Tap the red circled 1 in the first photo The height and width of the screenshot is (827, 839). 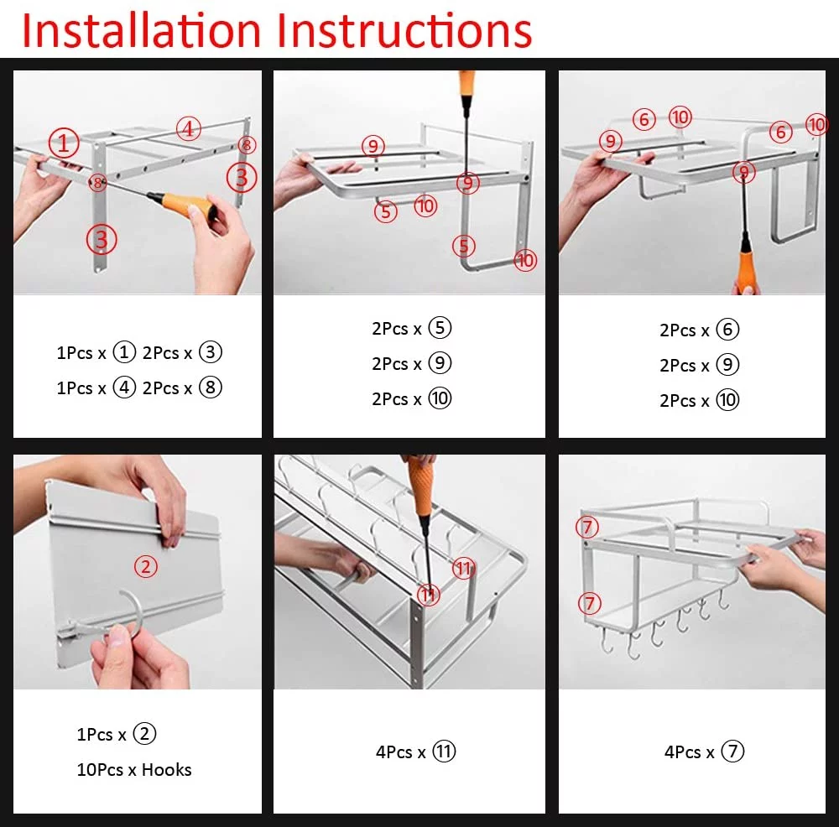[63, 143]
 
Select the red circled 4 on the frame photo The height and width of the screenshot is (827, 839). [189, 129]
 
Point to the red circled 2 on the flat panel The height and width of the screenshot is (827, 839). [146, 566]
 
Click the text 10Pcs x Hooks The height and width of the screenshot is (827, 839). [134, 769]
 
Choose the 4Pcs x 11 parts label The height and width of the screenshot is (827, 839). [415, 752]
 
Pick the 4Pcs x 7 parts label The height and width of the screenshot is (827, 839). [704, 752]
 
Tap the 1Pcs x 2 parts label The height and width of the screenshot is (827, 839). [117, 734]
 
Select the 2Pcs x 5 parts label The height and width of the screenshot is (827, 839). [411, 328]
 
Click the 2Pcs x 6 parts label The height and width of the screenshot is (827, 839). [699, 330]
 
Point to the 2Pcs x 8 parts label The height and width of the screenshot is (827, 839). [182, 387]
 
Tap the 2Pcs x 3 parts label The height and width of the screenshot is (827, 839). [182, 352]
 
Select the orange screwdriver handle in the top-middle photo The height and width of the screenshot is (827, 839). [466, 83]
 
